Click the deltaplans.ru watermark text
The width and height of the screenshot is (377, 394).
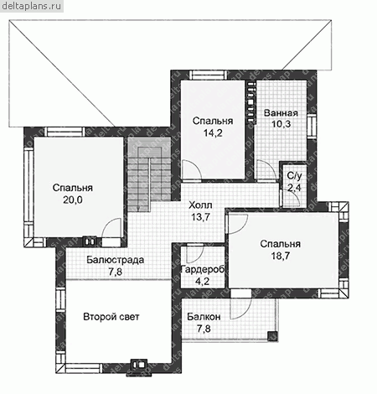[x=32, y=6]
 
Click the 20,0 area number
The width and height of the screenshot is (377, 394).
[x=72, y=200]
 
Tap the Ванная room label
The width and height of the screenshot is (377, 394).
[x=281, y=113]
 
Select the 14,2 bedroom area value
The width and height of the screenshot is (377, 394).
[x=213, y=133]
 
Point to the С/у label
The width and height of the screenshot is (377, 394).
[x=295, y=176]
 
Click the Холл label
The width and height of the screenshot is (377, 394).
[x=200, y=205]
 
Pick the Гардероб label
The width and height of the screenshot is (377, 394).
[x=203, y=269]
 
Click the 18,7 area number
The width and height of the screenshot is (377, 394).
[x=281, y=256]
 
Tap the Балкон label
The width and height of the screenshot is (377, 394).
[x=204, y=317]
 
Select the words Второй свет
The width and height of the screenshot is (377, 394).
[x=111, y=317]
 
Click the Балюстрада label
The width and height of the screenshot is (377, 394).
[x=115, y=260]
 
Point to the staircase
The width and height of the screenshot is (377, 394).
[x=149, y=174]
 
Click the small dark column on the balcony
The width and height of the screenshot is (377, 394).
[x=272, y=336]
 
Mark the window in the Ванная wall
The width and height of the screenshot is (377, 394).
[x=311, y=126]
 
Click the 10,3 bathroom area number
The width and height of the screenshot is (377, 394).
[x=281, y=124]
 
